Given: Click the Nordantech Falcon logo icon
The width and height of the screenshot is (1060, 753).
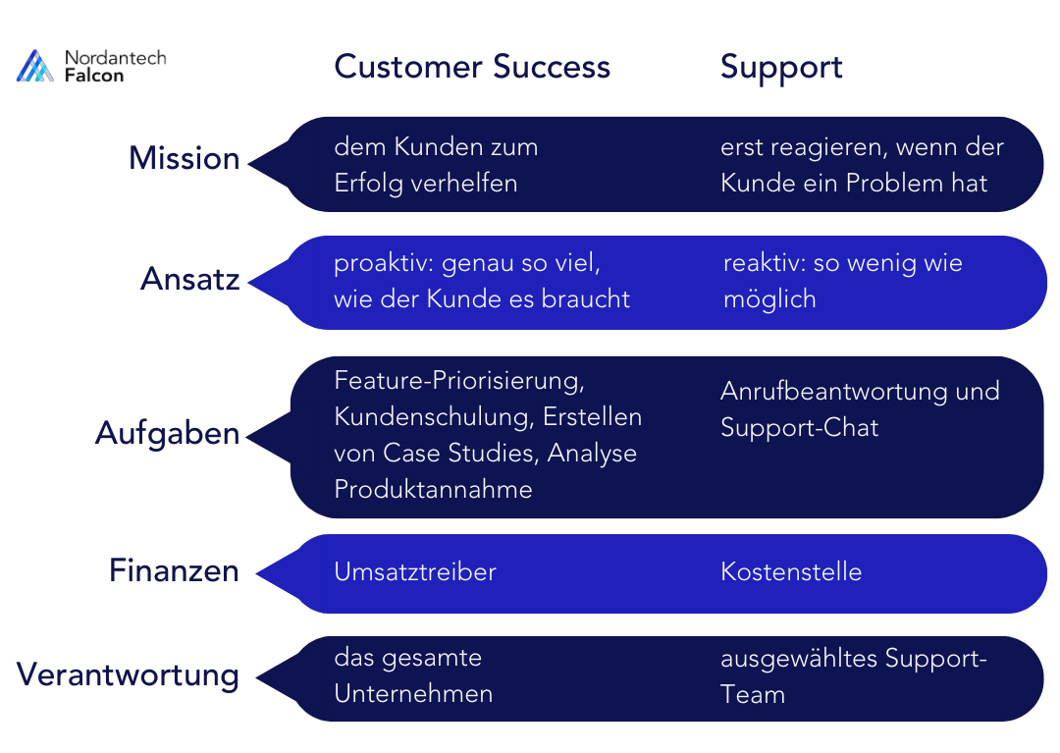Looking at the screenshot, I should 35,66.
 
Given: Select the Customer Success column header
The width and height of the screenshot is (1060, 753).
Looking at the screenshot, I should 472,67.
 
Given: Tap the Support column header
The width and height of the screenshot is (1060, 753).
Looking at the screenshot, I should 781,67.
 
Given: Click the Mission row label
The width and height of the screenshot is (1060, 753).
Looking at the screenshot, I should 185,158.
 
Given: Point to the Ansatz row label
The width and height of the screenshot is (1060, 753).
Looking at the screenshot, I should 190,279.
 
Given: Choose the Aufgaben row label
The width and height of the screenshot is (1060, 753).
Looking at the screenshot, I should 168,433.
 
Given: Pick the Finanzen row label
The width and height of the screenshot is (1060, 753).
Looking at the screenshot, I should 174,570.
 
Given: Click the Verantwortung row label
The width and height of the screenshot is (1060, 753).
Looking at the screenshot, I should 129,674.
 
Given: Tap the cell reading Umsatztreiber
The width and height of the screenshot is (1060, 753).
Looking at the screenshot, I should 415,571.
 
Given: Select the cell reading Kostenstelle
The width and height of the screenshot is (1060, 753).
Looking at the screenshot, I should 791,571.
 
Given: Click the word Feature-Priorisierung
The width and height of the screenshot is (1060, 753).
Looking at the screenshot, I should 459,380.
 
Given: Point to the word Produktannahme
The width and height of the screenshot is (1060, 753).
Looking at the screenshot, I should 433,489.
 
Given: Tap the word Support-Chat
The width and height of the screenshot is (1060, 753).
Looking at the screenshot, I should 799,427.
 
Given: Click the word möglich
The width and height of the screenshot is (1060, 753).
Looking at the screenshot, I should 768,299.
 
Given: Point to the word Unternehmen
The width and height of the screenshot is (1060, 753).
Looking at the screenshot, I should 413,693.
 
